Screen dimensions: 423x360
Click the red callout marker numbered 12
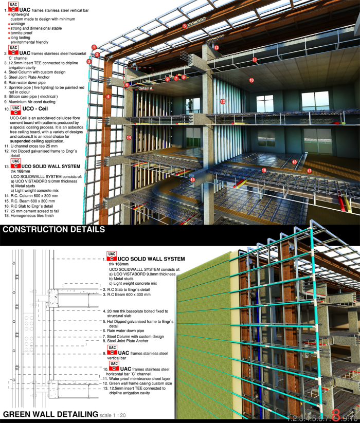click(217, 48)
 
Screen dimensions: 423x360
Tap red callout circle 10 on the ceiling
click(251, 80)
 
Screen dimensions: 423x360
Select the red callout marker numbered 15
click(193, 180)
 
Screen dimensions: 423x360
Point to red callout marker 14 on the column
click(129, 138)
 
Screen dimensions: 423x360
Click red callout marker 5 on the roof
click(184, 25)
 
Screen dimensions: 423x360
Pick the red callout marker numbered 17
click(309, 170)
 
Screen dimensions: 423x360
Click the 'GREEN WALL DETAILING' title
click(50, 414)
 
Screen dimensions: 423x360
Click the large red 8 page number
click(336, 414)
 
